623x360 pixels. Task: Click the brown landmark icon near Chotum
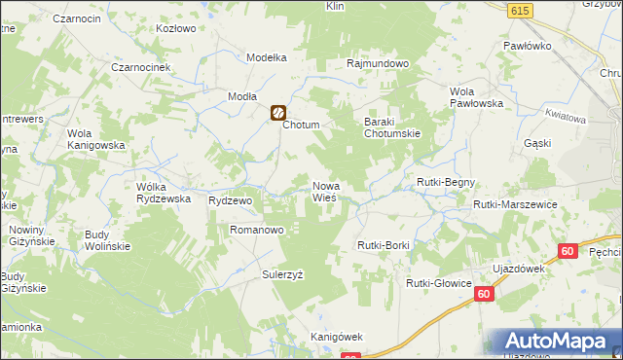pyautogui.click(x=277, y=113)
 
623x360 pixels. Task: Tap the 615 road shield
pyautogui.click(x=520, y=9)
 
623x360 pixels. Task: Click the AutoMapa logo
pyautogui.click(x=552, y=342)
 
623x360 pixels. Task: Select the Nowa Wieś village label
pyautogui.click(x=324, y=191)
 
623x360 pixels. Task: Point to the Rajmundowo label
pyautogui.click(x=379, y=63)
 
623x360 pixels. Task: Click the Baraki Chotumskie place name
pyautogui.click(x=391, y=126)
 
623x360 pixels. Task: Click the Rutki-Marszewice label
pyautogui.click(x=515, y=204)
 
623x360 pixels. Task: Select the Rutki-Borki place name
pyautogui.click(x=384, y=245)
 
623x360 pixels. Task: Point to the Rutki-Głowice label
pyautogui.click(x=438, y=283)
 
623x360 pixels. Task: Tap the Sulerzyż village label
pyautogui.click(x=282, y=274)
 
